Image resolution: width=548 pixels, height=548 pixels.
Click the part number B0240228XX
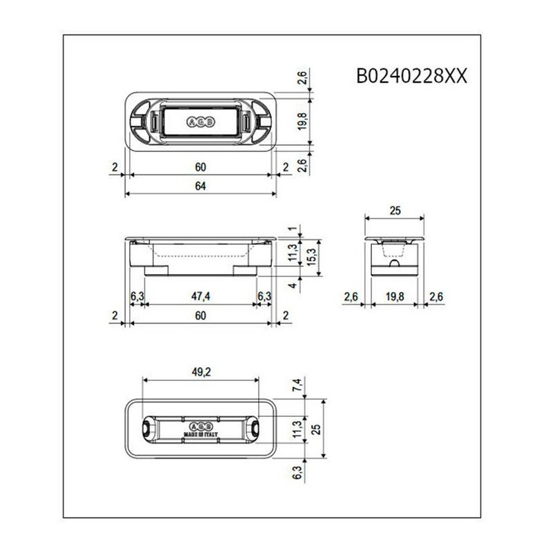(x=412, y=75)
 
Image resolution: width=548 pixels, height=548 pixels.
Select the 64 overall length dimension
(x=200, y=184)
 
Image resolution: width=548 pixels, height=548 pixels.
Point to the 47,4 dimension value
(x=200, y=296)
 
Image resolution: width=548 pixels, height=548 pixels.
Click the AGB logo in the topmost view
(x=200, y=121)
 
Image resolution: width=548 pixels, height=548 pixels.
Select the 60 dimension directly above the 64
(x=200, y=167)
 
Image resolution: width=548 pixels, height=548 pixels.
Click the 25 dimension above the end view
(x=394, y=211)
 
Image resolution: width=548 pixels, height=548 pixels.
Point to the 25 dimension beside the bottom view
(x=315, y=429)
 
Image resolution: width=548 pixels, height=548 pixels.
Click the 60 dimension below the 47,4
(x=200, y=315)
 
